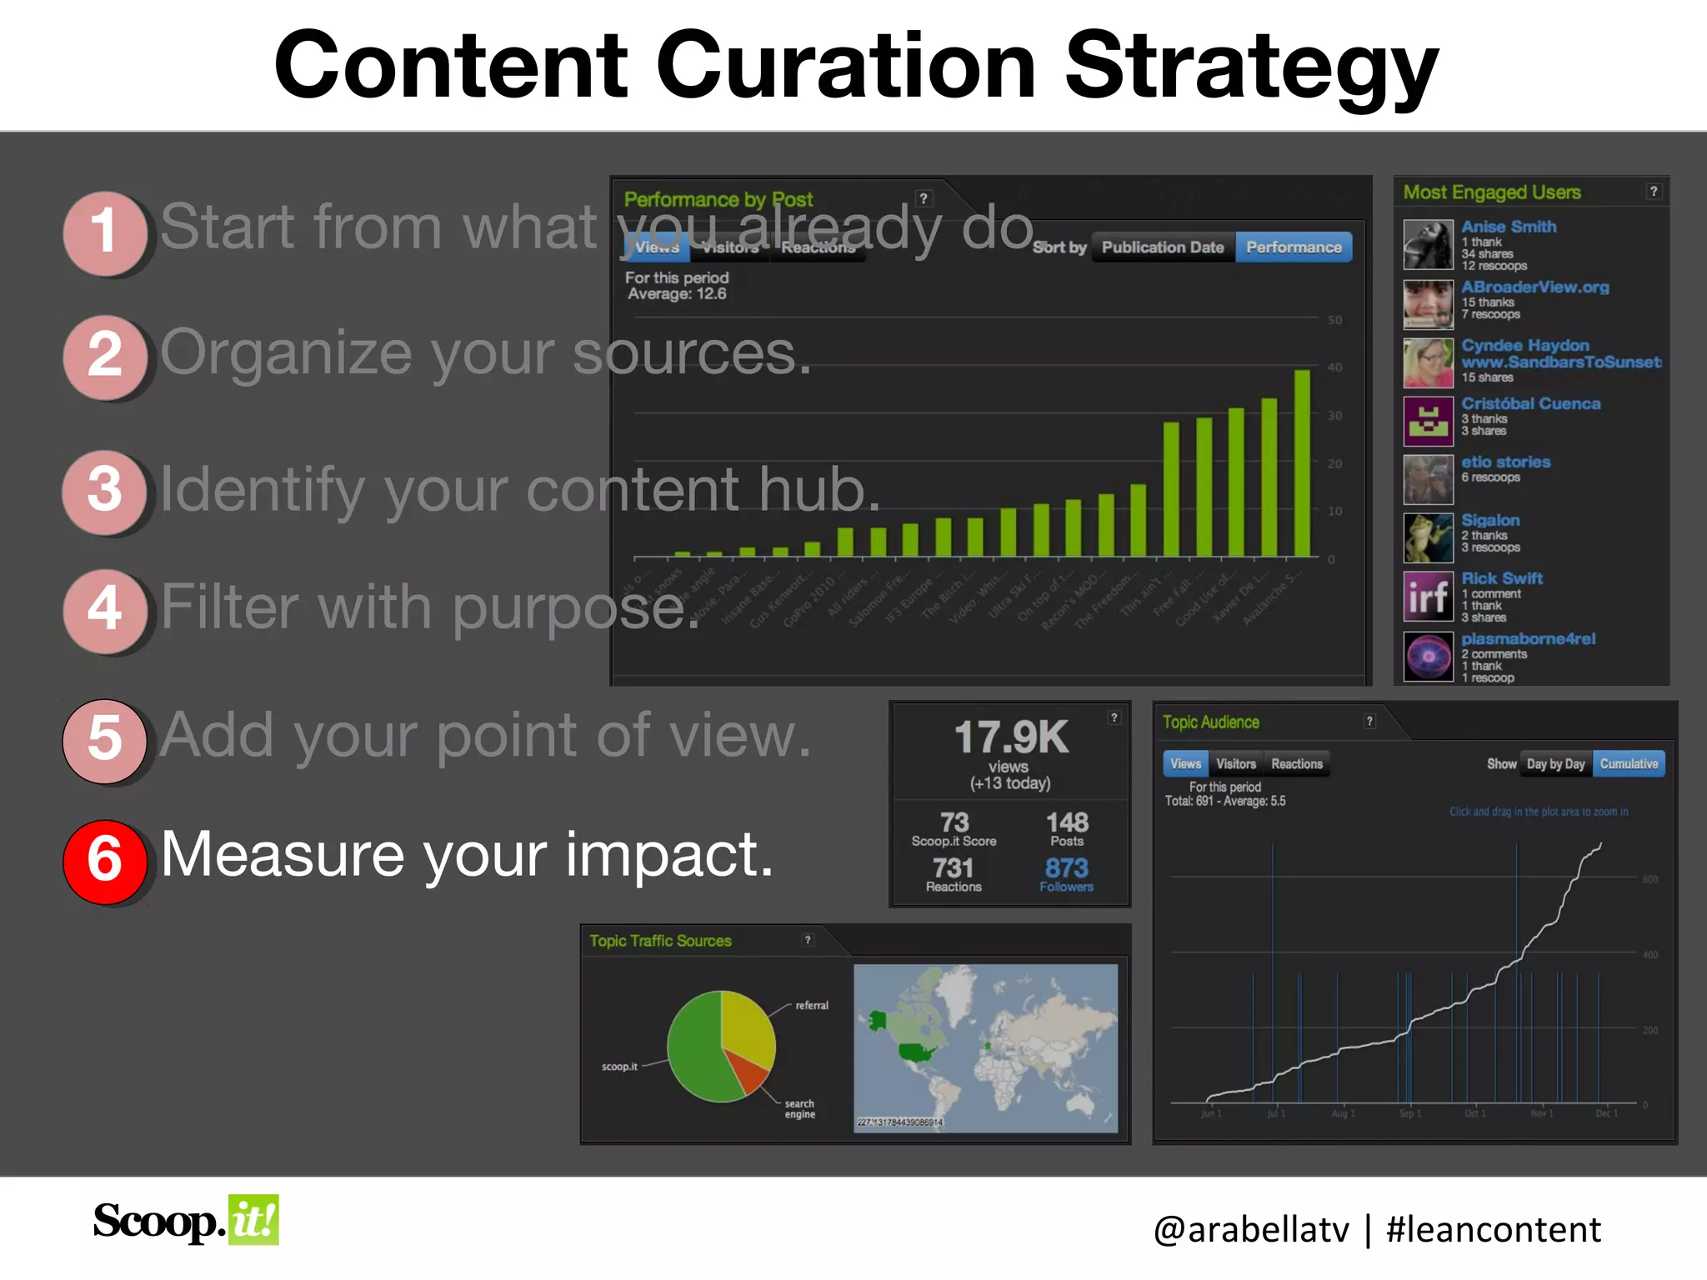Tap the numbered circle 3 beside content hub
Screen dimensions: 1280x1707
click(105, 491)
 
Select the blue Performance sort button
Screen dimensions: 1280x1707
click(1294, 247)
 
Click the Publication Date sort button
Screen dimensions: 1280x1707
click(1163, 247)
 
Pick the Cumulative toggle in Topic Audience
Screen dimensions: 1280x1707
click(1629, 764)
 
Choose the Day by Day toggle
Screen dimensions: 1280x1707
click(1555, 764)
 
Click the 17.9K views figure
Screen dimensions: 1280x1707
click(1011, 738)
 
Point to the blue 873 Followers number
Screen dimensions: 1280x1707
click(1067, 868)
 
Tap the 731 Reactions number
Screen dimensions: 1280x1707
click(954, 868)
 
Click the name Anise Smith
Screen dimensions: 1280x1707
click(1509, 227)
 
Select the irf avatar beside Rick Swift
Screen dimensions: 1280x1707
click(1428, 597)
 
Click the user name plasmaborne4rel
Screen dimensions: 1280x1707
click(1528, 639)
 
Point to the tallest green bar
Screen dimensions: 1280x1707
click(1302, 463)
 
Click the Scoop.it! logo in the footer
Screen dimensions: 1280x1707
click(186, 1222)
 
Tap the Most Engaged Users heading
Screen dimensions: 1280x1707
click(1492, 192)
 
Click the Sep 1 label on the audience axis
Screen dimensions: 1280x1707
click(1409, 1113)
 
